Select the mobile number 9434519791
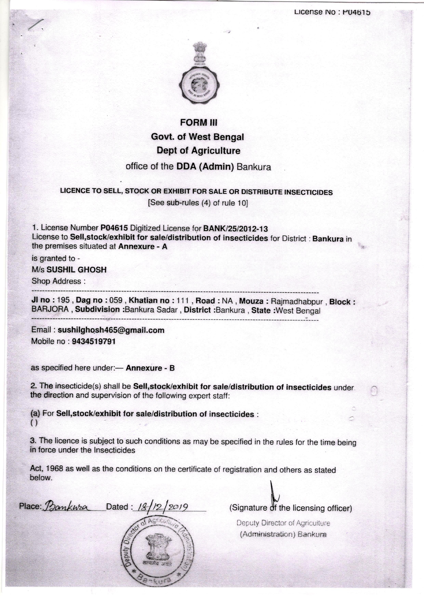click(x=93, y=341)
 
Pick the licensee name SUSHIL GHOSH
click(x=77, y=270)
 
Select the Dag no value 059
click(x=116, y=300)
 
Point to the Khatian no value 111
click(x=183, y=301)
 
